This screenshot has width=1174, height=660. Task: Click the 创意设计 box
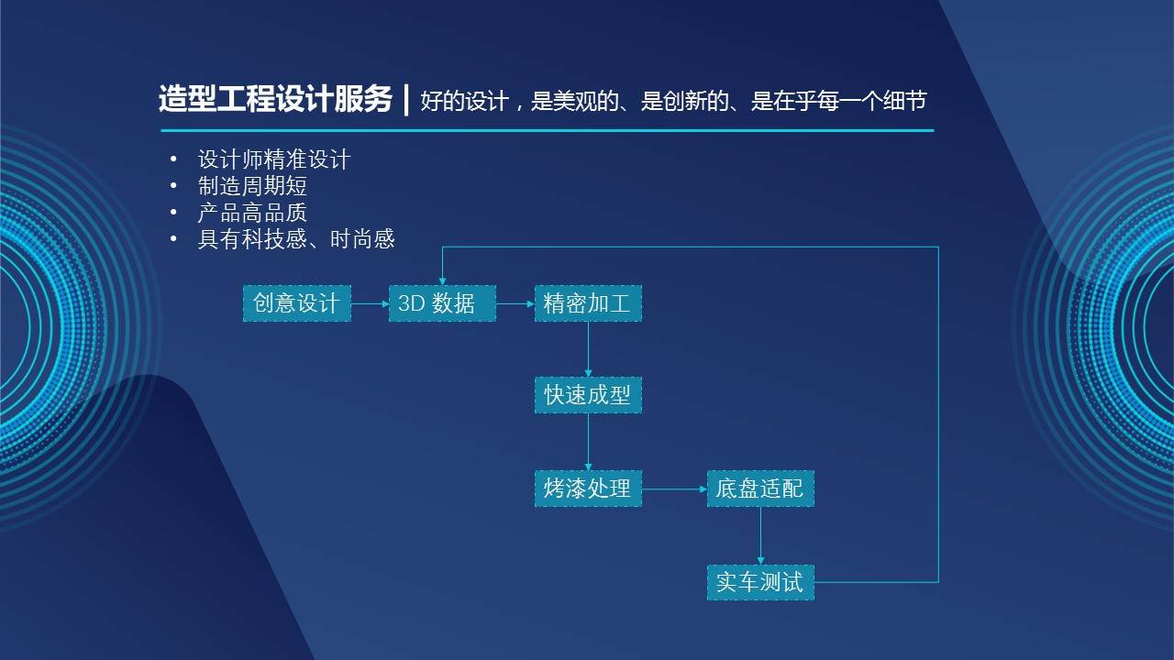pyautogui.click(x=296, y=303)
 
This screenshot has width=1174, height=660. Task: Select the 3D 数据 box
pyautogui.click(x=442, y=303)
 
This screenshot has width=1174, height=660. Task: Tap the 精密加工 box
pyautogui.click(x=588, y=303)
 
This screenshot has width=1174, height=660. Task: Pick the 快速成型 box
pyautogui.click(x=588, y=395)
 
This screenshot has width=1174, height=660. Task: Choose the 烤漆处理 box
pyautogui.click(x=588, y=489)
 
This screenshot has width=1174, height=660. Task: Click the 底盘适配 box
pyautogui.click(x=760, y=489)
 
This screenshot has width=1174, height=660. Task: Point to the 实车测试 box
pyautogui.click(x=760, y=582)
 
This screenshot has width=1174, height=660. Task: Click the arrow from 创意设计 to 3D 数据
pyautogui.click(x=370, y=303)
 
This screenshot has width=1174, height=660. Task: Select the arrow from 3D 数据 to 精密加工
pyautogui.click(x=515, y=303)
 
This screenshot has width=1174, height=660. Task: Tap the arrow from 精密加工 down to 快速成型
pyautogui.click(x=588, y=348)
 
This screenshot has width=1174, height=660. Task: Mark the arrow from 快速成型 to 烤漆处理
pyautogui.click(x=588, y=442)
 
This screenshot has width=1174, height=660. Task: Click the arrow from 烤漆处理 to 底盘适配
pyautogui.click(x=674, y=489)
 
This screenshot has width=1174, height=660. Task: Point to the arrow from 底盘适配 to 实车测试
pyautogui.click(x=760, y=535)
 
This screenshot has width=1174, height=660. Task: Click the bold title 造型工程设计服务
pyautogui.click(x=275, y=99)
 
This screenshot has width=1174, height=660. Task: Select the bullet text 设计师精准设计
pyautogui.click(x=274, y=159)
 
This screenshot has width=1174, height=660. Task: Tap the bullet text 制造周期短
pyautogui.click(x=252, y=186)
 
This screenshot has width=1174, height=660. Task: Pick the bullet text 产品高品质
pyautogui.click(x=252, y=213)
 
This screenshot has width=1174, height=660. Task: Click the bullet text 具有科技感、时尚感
pyautogui.click(x=296, y=239)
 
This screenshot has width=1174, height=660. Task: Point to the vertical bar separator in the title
pyautogui.click(x=406, y=99)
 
